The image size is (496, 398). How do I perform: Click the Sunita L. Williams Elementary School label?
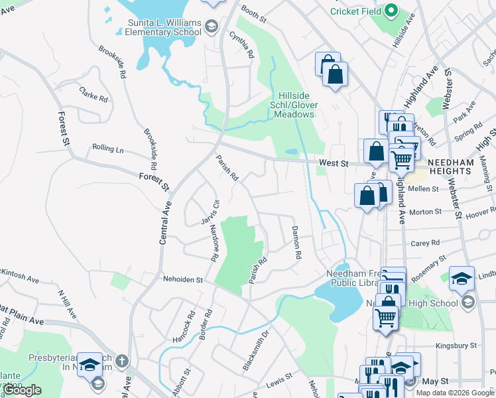pos(164,27)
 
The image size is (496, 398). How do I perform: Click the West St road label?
pos(333,162)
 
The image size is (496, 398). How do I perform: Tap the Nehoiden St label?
pos(182,280)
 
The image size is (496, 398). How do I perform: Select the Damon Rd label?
pos(296,241)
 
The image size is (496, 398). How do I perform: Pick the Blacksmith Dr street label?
pos(256,350)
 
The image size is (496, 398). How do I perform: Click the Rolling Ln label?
pos(108,149)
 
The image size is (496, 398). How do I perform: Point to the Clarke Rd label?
pos(93,94)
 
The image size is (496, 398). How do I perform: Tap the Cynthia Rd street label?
pos(242,44)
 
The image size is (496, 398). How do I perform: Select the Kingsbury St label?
pos(456,346)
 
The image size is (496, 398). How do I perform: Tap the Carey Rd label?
pos(426,243)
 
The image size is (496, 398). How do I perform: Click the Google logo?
pos(22,390)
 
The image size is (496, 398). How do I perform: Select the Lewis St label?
pos(279,384)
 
